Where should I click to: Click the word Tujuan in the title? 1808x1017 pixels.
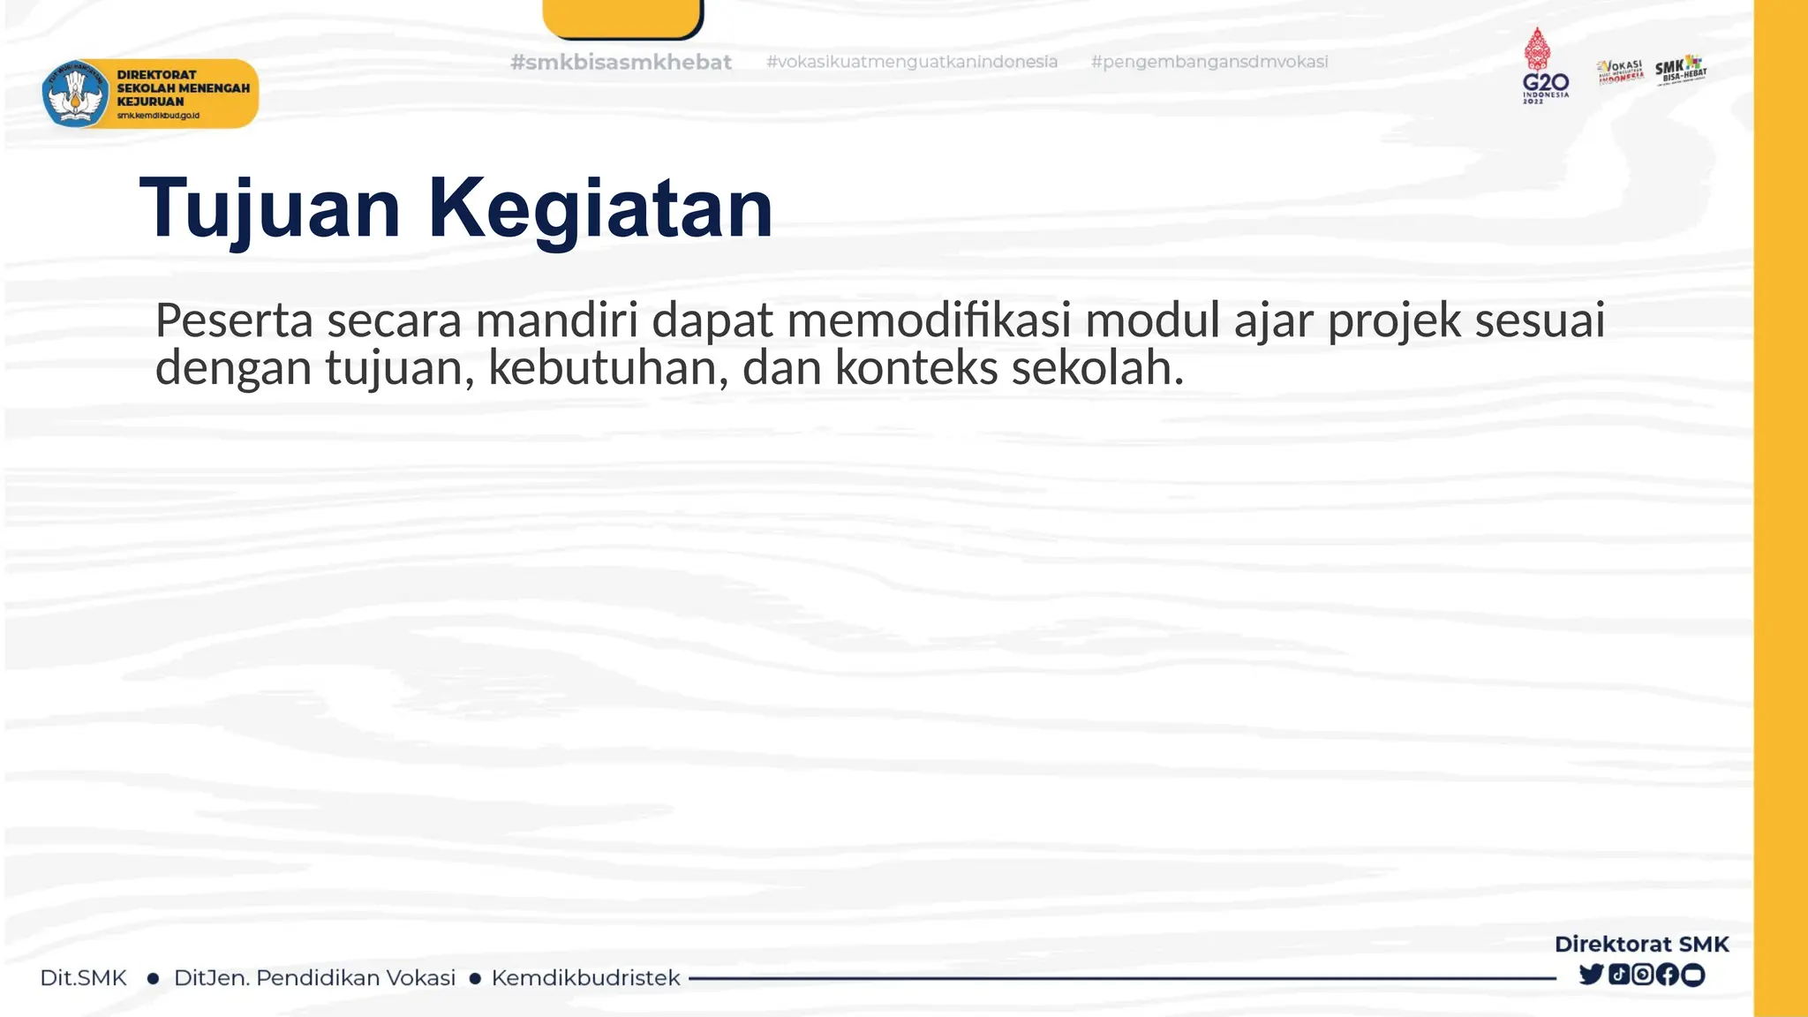pyautogui.click(x=270, y=208)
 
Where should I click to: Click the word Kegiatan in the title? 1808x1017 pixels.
pyautogui.click(x=600, y=208)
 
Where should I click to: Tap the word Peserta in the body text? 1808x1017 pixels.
pyautogui.click(x=234, y=320)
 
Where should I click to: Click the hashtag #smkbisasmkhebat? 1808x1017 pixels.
pyautogui.click(x=621, y=62)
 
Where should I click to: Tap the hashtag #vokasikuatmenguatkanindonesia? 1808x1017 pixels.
pyautogui.click(x=911, y=62)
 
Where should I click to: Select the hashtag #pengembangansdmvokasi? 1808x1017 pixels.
pyautogui.click(x=1209, y=62)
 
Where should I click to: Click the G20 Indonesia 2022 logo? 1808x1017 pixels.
pyautogui.click(x=1544, y=66)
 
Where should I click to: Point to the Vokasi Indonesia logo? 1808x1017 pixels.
pyautogui.click(x=1620, y=72)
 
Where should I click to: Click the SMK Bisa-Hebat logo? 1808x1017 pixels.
pyautogui.click(x=1681, y=70)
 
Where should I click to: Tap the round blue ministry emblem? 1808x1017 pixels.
pyautogui.click(x=75, y=94)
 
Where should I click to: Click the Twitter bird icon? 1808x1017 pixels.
pyautogui.click(x=1591, y=975)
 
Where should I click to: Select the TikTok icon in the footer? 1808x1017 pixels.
pyautogui.click(x=1618, y=975)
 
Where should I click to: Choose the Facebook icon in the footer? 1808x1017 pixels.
pyautogui.click(x=1668, y=975)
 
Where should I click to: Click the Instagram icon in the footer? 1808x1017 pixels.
pyautogui.click(x=1643, y=975)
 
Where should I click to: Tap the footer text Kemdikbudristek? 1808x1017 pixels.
pyautogui.click(x=585, y=978)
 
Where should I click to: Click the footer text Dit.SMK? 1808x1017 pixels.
pyautogui.click(x=83, y=978)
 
